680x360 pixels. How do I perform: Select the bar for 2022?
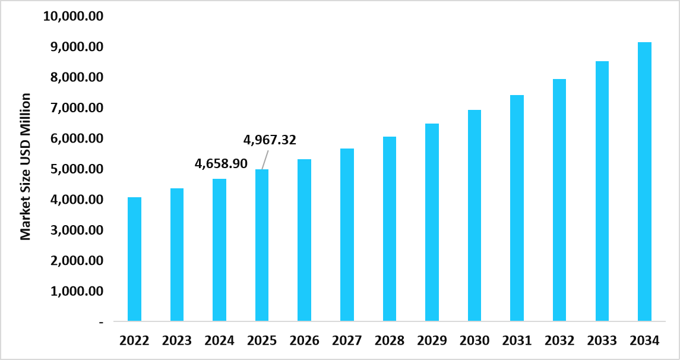click(134, 259)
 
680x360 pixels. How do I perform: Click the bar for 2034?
click(644, 182)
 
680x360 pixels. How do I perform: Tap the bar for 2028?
click(390, 229)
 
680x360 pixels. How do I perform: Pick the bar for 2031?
click(517, 209)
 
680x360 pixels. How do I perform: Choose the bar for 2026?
click(304, 241)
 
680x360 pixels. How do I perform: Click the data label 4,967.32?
click(270, 140)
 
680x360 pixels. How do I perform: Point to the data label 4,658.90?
click(221, 163)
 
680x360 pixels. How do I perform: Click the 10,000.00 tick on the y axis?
click(74, 16)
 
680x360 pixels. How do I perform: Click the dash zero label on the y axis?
click(101, 322)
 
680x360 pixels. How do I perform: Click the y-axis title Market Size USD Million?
click(26, 166)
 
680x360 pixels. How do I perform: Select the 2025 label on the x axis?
click(262, 341)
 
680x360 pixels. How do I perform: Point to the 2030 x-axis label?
click(475, 341)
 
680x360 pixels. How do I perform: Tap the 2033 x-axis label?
click(602, 341)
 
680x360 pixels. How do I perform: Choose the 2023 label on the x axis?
click(177, 341)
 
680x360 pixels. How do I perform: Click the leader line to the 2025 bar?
click(264, 159)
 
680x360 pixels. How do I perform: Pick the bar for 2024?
click(219, 250)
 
